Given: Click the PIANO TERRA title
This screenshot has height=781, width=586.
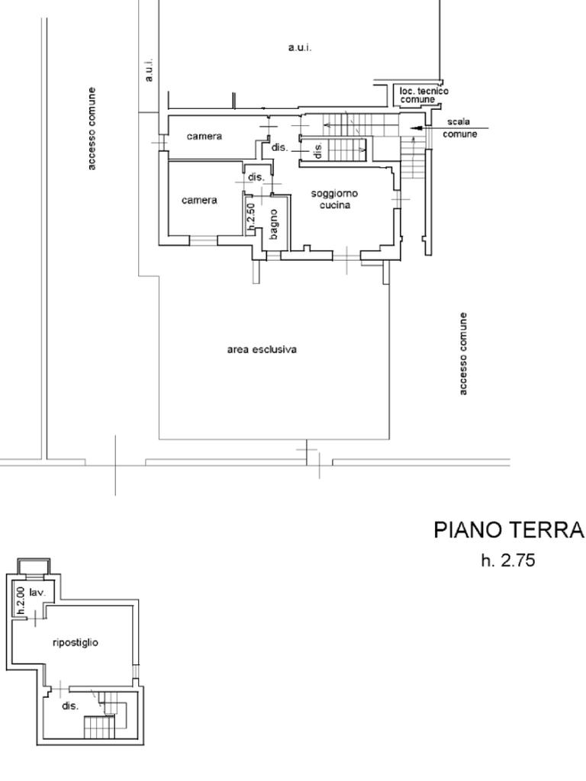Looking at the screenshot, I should coord(508,530).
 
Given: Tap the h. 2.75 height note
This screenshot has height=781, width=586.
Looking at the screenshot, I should coord(508,561).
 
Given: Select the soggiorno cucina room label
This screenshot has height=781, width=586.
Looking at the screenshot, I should coord(334,199).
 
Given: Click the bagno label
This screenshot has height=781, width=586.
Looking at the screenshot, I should coord(275,223).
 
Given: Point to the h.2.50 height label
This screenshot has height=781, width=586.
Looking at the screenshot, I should coord(251,217).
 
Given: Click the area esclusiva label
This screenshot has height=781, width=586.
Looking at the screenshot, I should coord(262,349).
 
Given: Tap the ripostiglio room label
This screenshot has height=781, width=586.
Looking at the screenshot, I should coord(75,642).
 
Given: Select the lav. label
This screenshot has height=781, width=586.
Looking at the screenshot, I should coord(37,592).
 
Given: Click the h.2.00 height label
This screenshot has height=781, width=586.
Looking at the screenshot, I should coord(20,600).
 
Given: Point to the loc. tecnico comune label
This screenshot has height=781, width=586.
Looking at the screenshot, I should coord(423,95).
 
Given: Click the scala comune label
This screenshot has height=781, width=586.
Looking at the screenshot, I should coord(459,127).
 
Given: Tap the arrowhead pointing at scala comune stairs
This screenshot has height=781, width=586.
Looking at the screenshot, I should coord(415,128).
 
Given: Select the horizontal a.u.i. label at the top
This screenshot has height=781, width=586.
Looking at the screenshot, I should coord(299,47).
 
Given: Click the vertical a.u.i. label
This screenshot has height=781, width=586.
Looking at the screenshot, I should coord(150,69).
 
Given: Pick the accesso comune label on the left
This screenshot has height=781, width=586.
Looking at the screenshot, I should coord(92,128).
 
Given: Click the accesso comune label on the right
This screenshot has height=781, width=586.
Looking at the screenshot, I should coord(462,353).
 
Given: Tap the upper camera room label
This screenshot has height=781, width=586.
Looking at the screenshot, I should coord(204,137).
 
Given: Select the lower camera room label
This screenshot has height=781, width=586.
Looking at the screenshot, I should coord(199,201).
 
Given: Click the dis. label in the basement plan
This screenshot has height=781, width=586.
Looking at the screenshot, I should coord(70,706).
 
